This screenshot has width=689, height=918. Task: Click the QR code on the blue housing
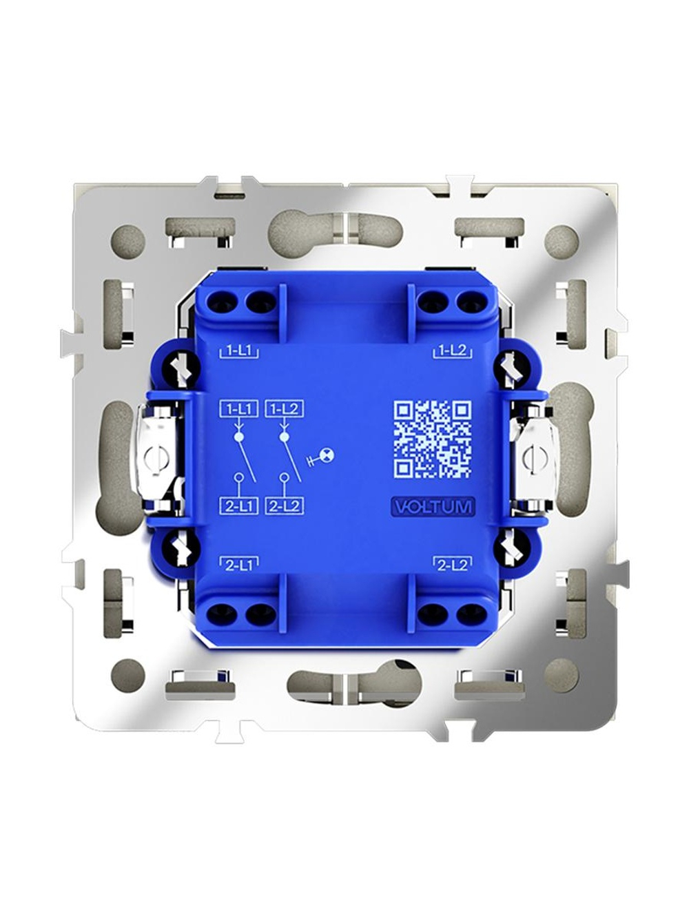click(x=433, y=439)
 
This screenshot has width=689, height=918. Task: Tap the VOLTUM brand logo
click(x=433, y=507)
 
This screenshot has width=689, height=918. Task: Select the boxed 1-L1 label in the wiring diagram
click(x=239, y=409)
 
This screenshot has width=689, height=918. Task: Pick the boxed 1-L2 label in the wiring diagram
click(x=285, y=409)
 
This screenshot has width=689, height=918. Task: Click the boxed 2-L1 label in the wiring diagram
click(x=239, y=506)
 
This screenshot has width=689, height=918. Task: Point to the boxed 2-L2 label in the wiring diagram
click(x=285, y=506)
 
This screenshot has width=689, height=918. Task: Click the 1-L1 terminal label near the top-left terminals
click(x=239, y=351)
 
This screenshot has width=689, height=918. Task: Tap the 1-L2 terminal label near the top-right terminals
click(x=452, y=351)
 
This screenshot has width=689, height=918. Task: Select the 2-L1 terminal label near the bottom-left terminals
click(x=239, y=565)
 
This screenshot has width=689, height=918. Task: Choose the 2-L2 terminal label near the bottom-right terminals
click(x=452, y=565)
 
